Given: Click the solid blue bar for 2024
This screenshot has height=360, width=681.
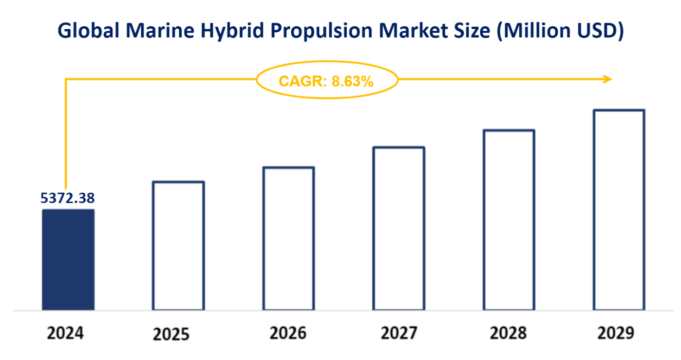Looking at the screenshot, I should [68, 259].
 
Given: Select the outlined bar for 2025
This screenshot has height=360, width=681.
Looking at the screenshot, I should [178, 245].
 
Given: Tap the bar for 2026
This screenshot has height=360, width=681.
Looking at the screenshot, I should [289, 238].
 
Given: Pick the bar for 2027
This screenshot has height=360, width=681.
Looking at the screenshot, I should [399, 229].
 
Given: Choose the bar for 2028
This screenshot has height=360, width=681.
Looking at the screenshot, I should [509, 220].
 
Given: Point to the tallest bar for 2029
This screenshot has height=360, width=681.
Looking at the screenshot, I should [619, 210].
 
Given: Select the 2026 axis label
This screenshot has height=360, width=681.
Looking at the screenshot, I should [288, 333].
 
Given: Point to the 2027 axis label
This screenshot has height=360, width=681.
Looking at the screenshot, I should [399, 333].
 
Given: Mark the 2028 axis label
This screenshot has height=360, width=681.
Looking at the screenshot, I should [508, 333].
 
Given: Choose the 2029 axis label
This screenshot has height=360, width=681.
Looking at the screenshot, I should [616, 333].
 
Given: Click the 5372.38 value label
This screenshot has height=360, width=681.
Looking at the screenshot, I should [68, 198].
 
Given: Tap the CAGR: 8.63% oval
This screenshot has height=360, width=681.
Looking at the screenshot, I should [327, 80].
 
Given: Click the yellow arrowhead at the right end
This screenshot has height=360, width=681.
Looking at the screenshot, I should [608, 79].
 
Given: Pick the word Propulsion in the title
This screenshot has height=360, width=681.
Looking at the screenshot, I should [315, 31].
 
